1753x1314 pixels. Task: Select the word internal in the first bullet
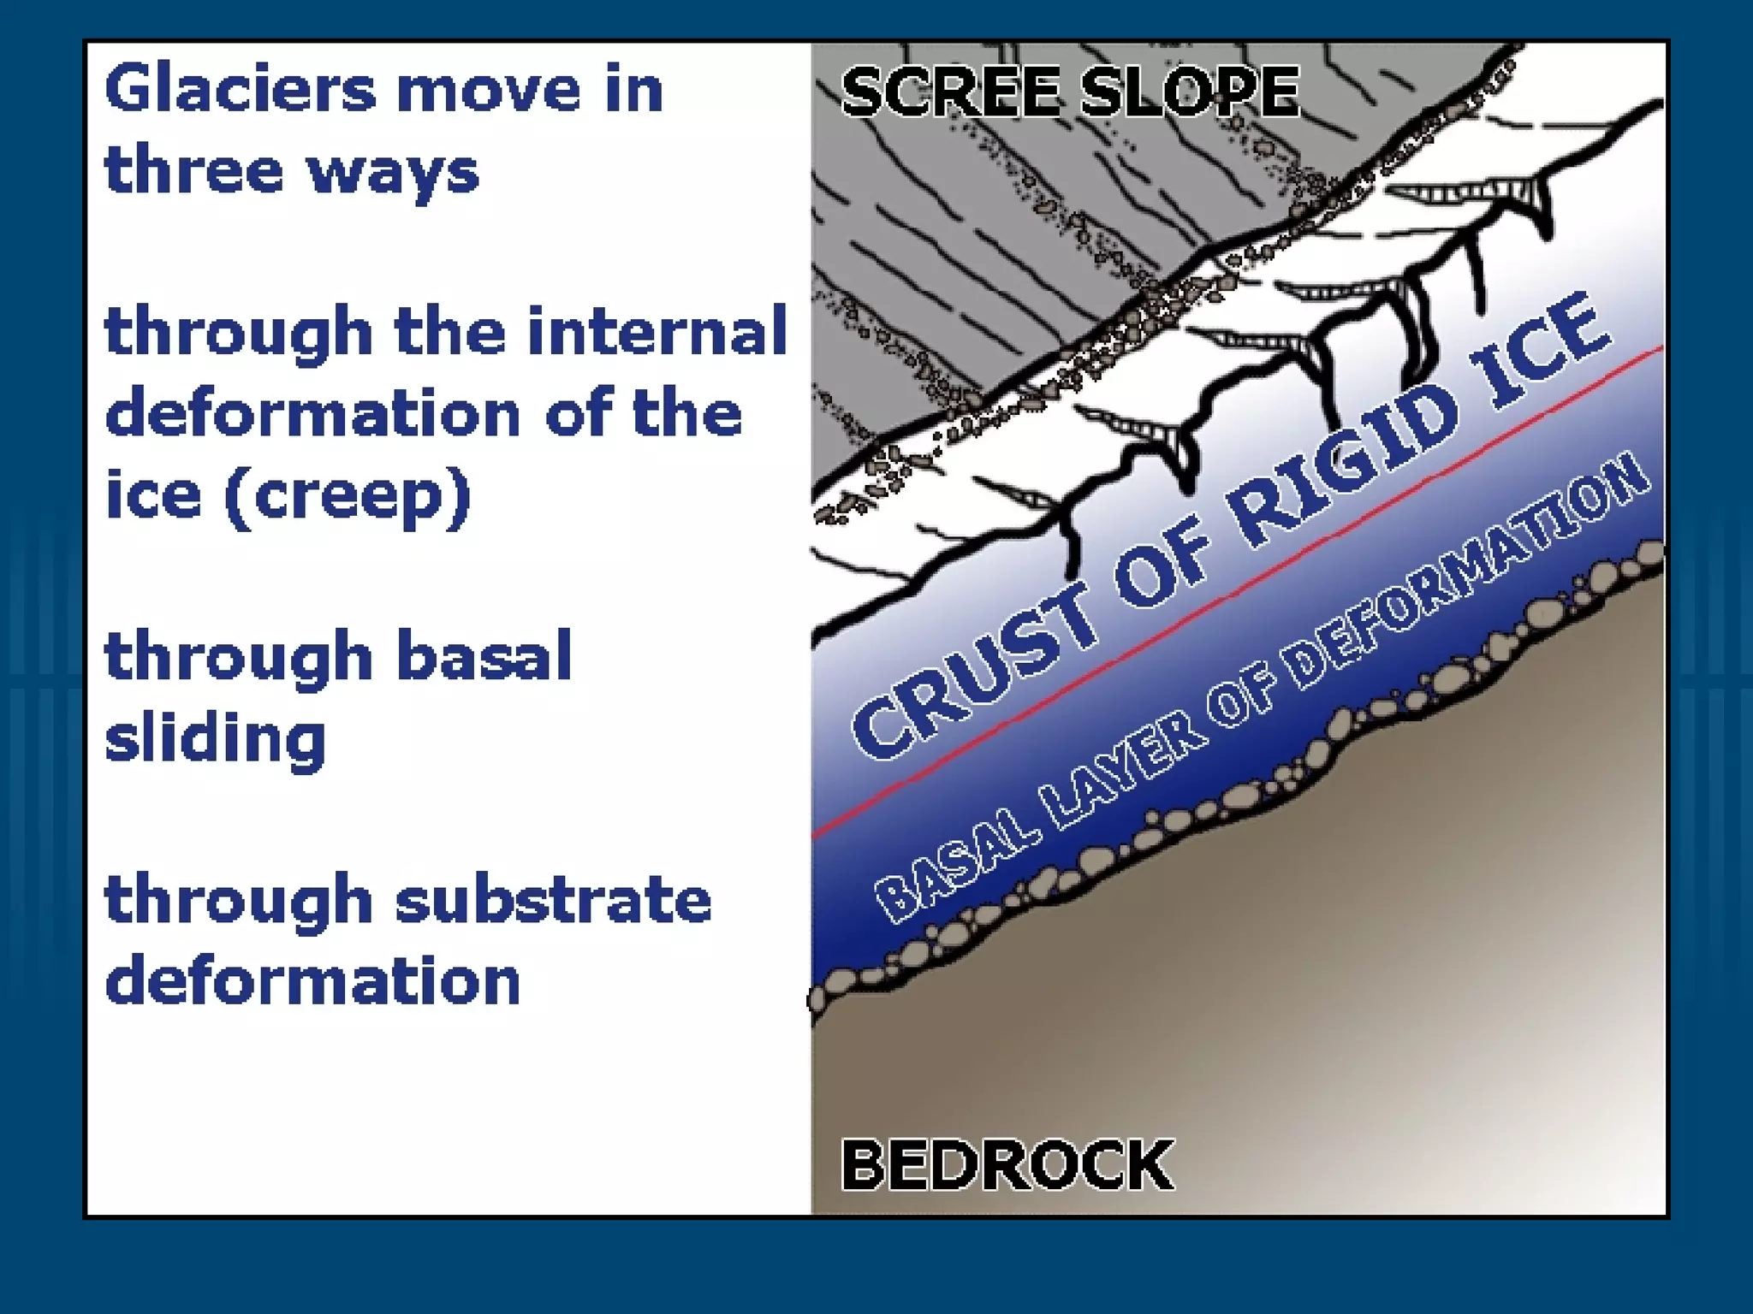tap(657, 331)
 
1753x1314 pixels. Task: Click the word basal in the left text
tap(484, 656)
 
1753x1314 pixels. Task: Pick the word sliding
tap(215, 737)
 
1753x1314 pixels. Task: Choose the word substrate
tap(553, 900)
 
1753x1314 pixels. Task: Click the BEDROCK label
tap(1007, 1164)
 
